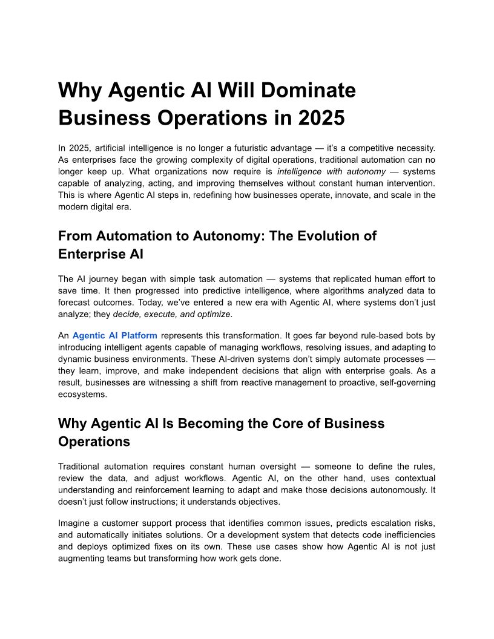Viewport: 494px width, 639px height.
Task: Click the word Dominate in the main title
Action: coord(306,91)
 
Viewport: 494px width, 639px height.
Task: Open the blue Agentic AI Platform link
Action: coord(115,335)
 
